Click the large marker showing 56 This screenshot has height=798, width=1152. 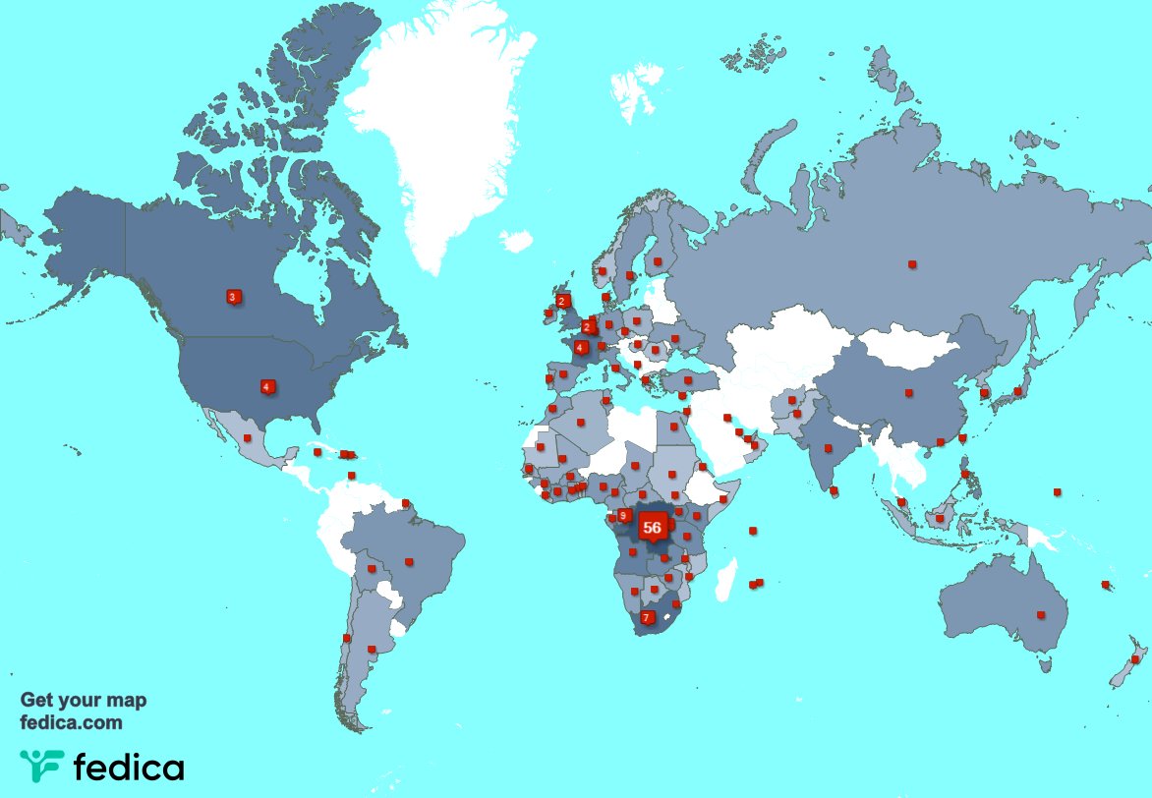pos(651,527)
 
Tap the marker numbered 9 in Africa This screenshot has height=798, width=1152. pos(623,516)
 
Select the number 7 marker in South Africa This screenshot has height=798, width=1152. pos(646,617)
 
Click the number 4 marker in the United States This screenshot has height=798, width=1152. pos(266,386)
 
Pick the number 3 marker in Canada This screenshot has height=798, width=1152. pos(233,297)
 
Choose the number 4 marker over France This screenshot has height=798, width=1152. pos(581,347)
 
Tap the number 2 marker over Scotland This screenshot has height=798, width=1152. pos(562,301)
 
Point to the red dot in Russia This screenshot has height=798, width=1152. pos(912,263)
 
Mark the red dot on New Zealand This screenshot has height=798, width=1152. pos(1135,658)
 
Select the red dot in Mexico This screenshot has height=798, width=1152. pos(248,438)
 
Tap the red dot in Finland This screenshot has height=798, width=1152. pos(658,261)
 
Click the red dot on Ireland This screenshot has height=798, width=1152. pos(547,314)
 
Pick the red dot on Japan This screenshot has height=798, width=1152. pos(1018,391)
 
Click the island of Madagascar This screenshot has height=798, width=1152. pos(728,577)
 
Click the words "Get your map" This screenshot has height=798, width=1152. pos(84,701)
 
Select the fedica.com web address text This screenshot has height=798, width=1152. pos(72,722)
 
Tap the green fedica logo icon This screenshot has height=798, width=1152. pos(40,767)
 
